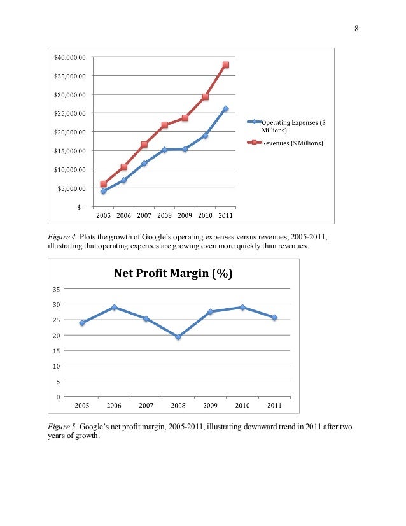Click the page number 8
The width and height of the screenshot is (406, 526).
click(x=356, y=28)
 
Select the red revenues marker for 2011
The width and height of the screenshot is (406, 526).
click(x=226, y=65)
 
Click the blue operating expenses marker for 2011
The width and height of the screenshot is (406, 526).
click(x=226, y=109)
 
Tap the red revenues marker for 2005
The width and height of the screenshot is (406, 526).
click(x=103, y=184)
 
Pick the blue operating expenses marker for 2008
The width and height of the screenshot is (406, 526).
click(x=164, y=150)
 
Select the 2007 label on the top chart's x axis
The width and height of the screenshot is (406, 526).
click(x=144, y=215)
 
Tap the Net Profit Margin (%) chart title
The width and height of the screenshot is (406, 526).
click(x=172, y=274)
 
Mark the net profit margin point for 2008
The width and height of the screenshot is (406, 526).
click(x=178, y=337)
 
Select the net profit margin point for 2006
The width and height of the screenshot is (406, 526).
click(x=114, y=308)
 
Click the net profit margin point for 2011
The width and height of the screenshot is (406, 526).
click(x=274, y=318)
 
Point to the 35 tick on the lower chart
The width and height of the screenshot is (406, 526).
click(x=57, y=289)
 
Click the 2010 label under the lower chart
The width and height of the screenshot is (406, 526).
click(x=242, y=405)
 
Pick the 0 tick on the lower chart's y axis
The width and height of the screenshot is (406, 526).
click(x=59, y=397)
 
